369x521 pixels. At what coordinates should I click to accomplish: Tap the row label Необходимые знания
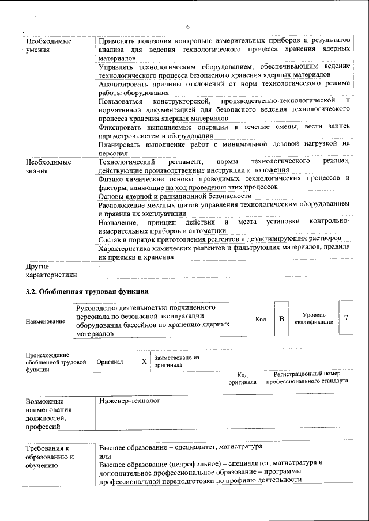point(49,166)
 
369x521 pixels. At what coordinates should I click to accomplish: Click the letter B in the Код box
point(281,318)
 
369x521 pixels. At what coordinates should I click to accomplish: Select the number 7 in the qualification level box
point(345,318)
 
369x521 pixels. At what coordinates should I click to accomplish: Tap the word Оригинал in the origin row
point(110,362)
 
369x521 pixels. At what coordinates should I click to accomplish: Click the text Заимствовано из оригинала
point(176,361)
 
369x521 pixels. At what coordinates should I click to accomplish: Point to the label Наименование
point(46,321)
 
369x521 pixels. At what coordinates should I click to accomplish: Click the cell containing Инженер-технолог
point(130,400)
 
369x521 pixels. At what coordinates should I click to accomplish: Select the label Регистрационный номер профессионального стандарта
point(311,378)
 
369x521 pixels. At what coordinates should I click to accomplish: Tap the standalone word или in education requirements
point(104,455)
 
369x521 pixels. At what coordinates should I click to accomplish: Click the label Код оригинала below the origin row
point(242,378)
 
